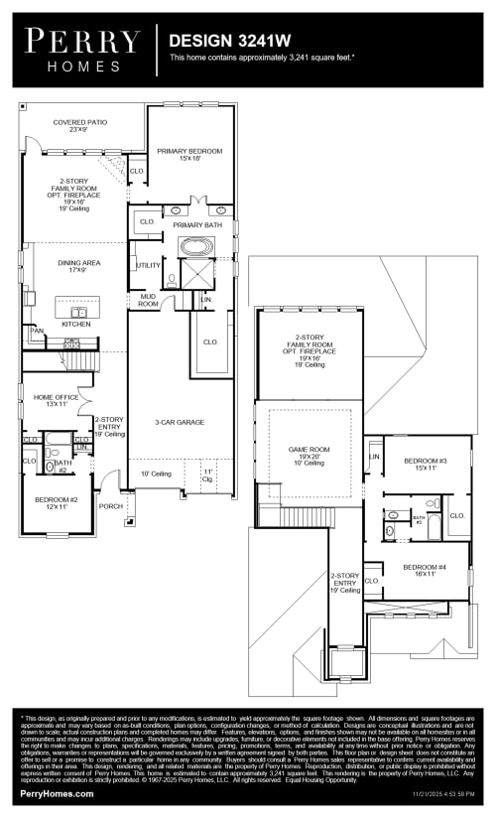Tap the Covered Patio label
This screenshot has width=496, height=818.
[80, 126]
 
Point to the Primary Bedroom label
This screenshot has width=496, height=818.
[189, 154]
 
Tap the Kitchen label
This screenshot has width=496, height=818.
[76, 324]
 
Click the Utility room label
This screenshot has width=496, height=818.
[149, 265]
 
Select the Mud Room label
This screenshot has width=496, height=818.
[148, 299]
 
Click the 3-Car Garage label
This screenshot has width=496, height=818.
[180, 422]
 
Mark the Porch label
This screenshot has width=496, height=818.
[110, 505]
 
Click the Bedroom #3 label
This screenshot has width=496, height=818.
[425, 464]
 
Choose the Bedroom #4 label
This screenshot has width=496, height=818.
[424, 570]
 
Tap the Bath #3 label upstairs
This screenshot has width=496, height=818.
[419, 519]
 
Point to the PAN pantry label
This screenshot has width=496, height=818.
[38, 331]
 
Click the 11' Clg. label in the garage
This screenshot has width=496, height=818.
[208, 475]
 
